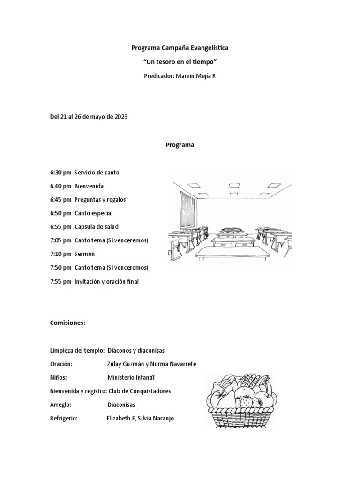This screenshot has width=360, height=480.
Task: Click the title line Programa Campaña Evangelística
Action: pyautogui.click(x=180, y=48)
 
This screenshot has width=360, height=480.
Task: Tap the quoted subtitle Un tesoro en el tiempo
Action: pyautogui.click(x=180, y=62)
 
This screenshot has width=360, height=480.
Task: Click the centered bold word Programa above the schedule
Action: pyautogui.click(x=180, y=145)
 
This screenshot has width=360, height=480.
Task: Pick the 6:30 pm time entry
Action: pyautogui.click(x=60, y=172)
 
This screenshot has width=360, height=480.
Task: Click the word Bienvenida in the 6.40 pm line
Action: pyautogui.click(x=89, y=186)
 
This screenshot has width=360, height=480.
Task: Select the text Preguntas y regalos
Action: pyautogui.click(x=100, y=200)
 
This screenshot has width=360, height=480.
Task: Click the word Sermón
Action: pyautogui.click(x=84, y=254)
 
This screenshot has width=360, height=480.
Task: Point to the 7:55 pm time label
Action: pyautogui.click(x=60, y=282)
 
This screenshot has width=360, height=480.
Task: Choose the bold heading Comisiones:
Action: pyautogui.click(x=67, y=323)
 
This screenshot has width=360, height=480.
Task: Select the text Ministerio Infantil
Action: pyautogui.click(x=130, y=377)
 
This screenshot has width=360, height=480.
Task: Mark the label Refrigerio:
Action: pyautogui.click(x=63, y=418)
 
